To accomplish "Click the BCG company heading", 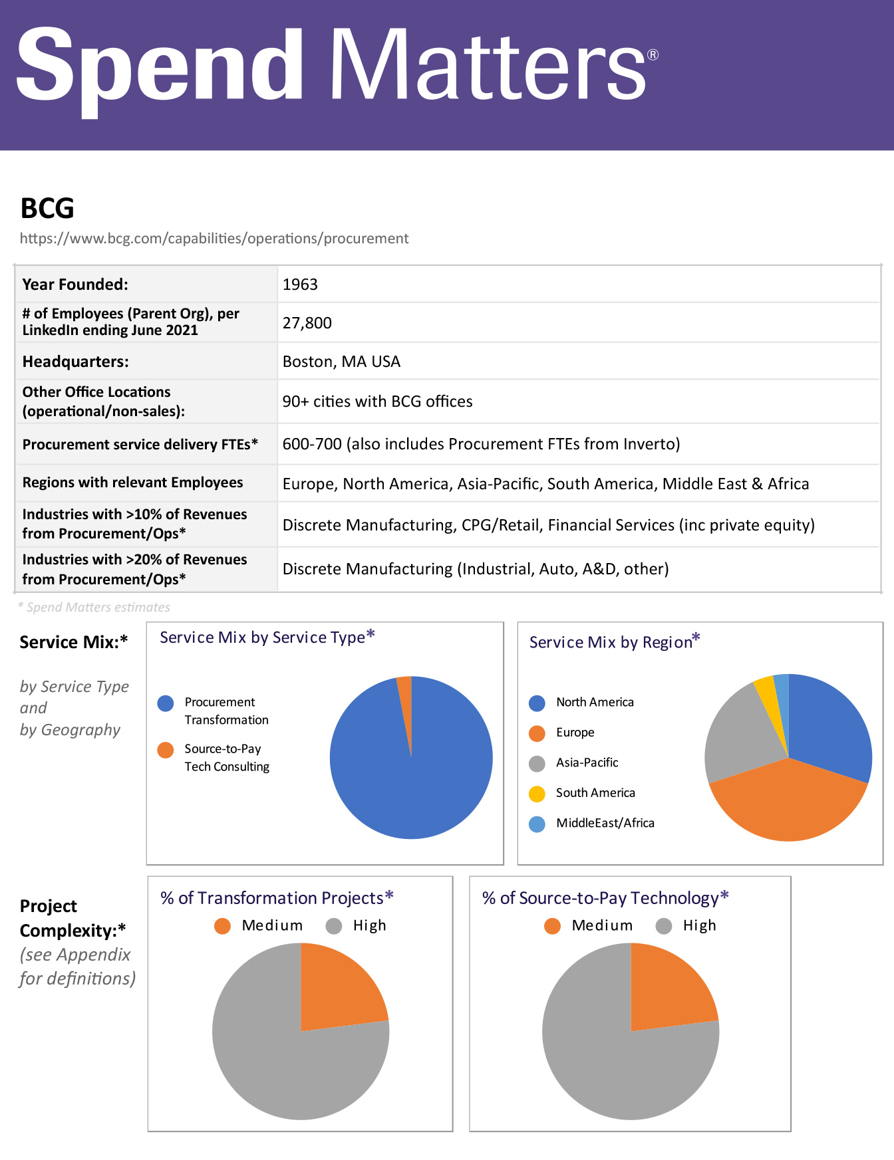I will pyautogui.click(x=47, y=208).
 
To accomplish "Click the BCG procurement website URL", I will pyautogui.click(x=214, y=239).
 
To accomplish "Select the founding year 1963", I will pyautogui.click(x=300, y=285).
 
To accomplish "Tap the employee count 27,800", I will pyautogui.click(x=307, y=323).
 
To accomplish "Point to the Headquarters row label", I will pyautogui.click(x=76, y=362).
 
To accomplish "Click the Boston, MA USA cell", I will pyautogui.click(x=341, y=362).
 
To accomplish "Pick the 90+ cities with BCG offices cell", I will pyautogui.click(x=377, y=402).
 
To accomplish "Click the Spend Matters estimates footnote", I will pyautogui.click(x=94, y=607).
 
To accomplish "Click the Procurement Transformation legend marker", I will pyautogui.click(x=166, y=703).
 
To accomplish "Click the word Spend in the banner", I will pyautogui.click(x=160, y=66).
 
